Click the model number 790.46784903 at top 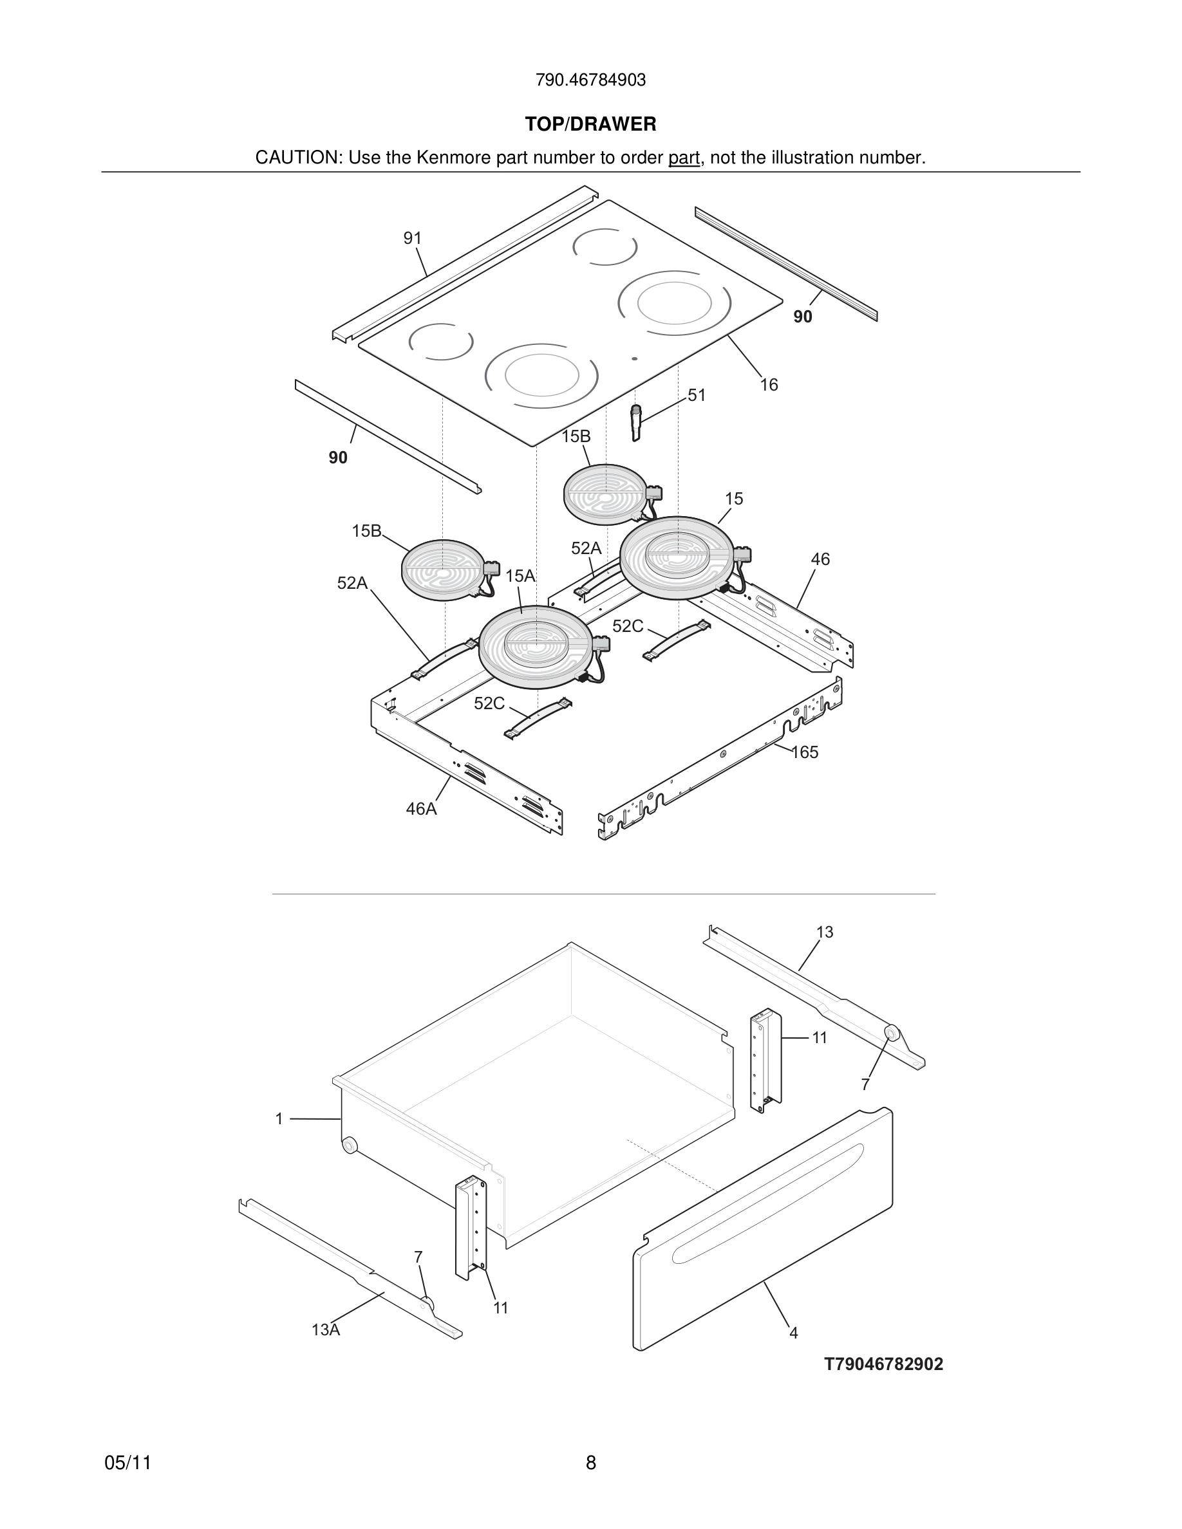[x=590, y=80]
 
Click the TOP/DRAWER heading [x=590, y=125]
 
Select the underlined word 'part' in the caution [x=684, y=158]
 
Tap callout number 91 [x=413, y=239]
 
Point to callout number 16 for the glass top [x=769, y=385]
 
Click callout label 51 [x=697, y=396]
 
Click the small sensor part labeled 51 [x=636, y=422]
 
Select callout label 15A [x=520, y=576]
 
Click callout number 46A [x=421, y=810]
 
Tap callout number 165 [x=805, y=753]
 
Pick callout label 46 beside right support [x=820, y=559]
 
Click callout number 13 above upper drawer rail [x=825, y=932]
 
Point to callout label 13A [x=326, y=1330]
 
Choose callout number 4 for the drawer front [x=793, y=1333]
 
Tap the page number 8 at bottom [x=590, y=1463]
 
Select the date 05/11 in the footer [x=127, y=1463]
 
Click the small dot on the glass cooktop [x=634, y=359]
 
